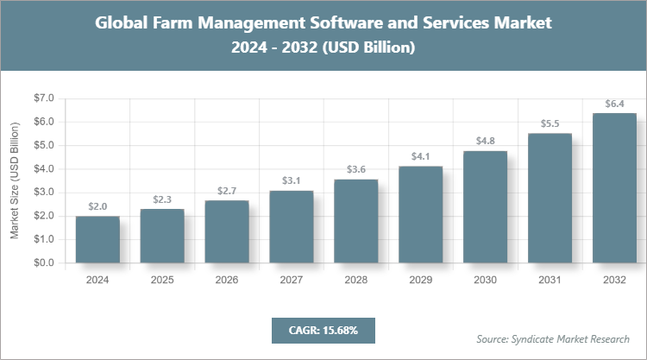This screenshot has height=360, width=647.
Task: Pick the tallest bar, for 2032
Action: [615, 187]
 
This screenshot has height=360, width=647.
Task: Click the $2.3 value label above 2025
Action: [162, 199]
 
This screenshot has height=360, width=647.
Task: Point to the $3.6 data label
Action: [356, 169]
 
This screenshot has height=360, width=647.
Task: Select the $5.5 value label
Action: [550, 123]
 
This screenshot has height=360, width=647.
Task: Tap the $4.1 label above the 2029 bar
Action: [421, 157]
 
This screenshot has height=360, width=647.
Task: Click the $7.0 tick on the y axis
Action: [42, 98]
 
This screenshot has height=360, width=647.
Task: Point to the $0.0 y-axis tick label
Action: [42, 262]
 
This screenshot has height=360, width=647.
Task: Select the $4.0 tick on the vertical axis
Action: [42, 169]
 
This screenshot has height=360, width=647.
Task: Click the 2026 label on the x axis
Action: [227, 280]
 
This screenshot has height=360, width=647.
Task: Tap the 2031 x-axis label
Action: [550, 280]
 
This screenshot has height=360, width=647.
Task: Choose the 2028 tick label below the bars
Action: [356, 280]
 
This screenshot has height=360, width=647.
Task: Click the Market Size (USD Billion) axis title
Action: [15, 180]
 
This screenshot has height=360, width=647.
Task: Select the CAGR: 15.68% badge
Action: [323, 330]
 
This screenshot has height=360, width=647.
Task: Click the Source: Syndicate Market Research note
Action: [553, 338]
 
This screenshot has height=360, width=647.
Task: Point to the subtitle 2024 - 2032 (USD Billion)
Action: [323, 48]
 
